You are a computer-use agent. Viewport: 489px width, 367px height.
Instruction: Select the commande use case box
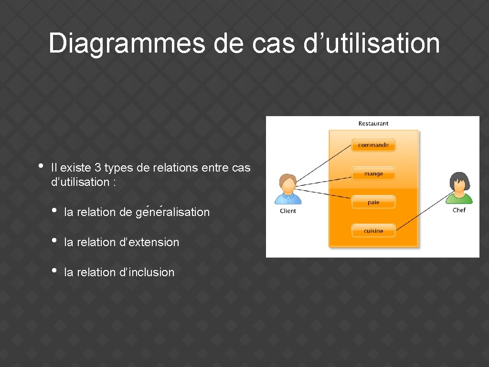click(373, 145)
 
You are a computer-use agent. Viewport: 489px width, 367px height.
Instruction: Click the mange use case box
click(373, 174)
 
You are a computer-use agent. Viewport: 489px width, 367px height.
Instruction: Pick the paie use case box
click(373, 202)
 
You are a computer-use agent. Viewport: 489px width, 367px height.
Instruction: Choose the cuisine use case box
click(373, 231)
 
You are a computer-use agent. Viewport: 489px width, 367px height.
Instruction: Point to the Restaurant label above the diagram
click(373, 123)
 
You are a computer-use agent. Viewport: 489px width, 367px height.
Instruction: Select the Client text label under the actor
click(288, 211)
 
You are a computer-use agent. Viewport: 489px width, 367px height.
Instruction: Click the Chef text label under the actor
click(459, 210)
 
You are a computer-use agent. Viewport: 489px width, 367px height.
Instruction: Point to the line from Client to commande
click(325, 163)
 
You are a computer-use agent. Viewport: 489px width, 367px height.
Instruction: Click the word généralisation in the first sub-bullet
click(172, 212)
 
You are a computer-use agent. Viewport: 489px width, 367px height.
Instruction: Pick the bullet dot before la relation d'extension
click(54, 240)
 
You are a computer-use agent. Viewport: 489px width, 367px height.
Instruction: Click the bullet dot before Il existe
click(41, 166)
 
